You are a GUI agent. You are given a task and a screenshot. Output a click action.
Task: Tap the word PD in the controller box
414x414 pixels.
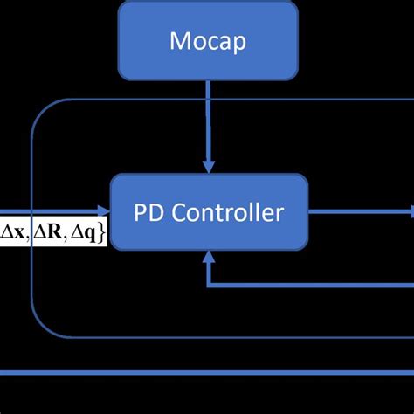[x=148, y=211]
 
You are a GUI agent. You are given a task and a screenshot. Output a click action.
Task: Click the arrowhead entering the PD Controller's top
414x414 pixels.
[x=208, y=166]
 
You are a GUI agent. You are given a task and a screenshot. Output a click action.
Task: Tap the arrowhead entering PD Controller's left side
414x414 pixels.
[x=104, y=210]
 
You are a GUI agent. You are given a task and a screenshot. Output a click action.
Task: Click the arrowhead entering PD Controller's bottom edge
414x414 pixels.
[x=208, y=255]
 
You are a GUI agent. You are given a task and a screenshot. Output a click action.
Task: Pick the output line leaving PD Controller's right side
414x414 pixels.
[x=358, y=210]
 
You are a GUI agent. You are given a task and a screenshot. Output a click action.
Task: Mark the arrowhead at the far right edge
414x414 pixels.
[x=411, y=210]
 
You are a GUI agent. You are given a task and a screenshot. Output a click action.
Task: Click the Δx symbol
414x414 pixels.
[x=13, y=231]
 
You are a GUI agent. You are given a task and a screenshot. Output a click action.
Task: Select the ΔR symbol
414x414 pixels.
[x=47, y=231]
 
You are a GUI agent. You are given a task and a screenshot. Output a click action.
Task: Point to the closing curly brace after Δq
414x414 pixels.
[x=101, y=231]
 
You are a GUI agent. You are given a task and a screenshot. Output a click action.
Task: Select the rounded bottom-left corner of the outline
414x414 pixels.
[x=40, y=328]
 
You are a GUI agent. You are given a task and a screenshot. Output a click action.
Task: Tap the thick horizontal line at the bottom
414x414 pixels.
[x=207, y=372]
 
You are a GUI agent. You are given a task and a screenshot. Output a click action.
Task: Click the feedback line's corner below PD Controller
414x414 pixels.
[x=208, y=286]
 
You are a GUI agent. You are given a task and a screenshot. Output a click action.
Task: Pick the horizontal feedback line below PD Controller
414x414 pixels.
[x=306, y=286]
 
